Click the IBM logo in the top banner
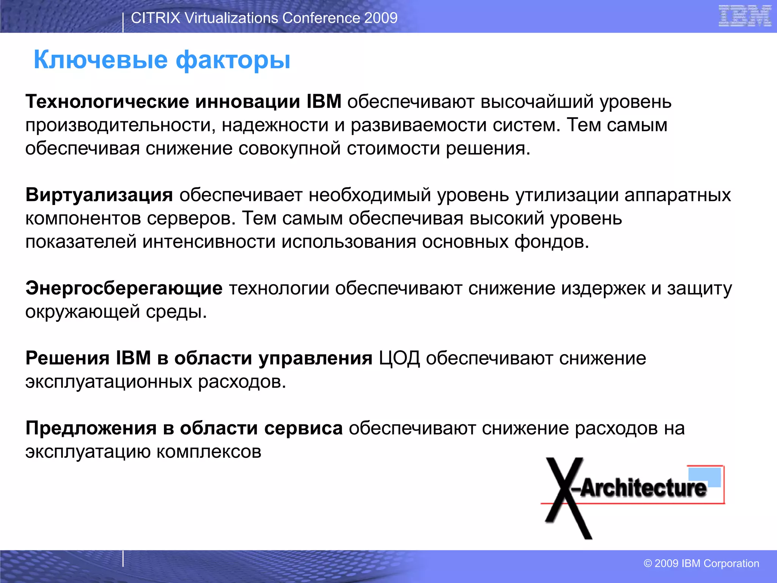(x=745, y=16)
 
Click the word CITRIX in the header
(x=155, y=18)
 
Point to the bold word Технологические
(x=107, y=102)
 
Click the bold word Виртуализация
(x=99, y=195)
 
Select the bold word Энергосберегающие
(x=124, y=288)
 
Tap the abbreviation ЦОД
(x=399, y=358)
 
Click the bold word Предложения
(x=91, y=428)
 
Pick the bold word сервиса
(x=304, y=428)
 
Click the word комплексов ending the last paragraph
(x=209, y=452)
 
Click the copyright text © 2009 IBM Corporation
(x=701, y=563)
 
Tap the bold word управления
(x=315, y=358)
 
